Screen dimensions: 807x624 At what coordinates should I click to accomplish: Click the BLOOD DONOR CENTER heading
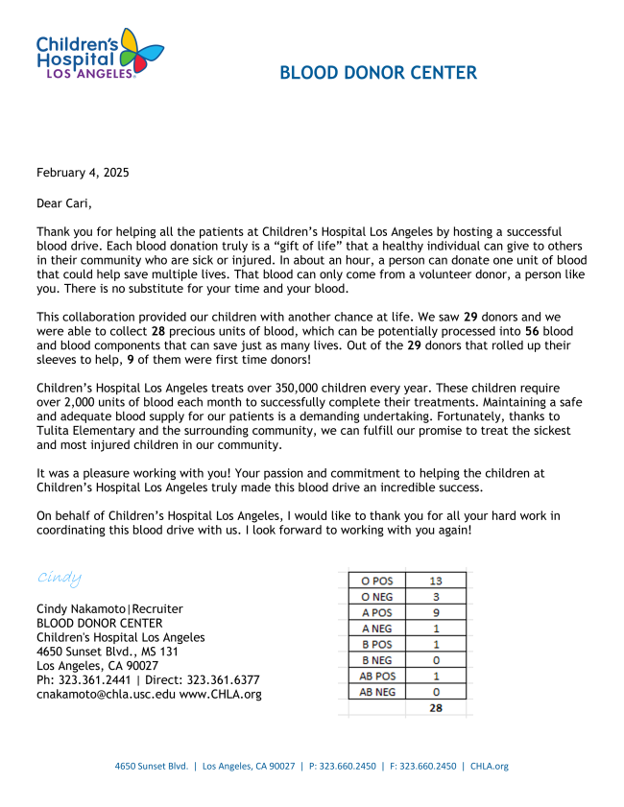tap(378, 73)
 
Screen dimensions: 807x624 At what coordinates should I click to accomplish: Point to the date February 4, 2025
tap(83, 173)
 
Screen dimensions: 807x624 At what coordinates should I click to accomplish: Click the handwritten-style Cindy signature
tap(60, 577)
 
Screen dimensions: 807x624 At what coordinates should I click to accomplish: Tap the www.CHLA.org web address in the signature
tap(220, 694)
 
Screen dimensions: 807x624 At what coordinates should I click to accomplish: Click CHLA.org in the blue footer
tap(489, 766)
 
